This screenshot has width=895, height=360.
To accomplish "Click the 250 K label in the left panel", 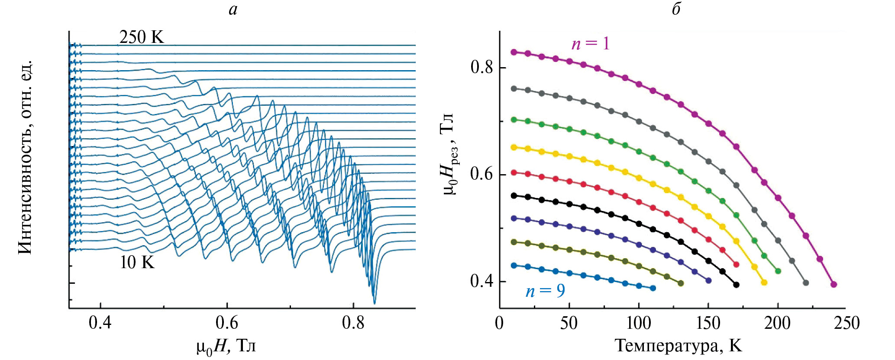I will (142, 37).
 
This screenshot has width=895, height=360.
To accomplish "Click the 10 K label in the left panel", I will (137, 263).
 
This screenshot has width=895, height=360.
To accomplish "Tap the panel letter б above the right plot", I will (676, 9).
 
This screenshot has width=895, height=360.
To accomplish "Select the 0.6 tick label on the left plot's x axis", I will (227, 323).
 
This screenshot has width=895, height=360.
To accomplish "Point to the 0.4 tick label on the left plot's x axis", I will (100, 323).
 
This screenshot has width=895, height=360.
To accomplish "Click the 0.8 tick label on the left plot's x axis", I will (353, 323).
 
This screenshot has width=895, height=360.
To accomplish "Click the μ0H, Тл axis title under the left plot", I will (226, 347).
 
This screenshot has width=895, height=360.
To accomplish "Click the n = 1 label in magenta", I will (591, 43).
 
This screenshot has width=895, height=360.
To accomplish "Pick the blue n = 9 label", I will (545, 291).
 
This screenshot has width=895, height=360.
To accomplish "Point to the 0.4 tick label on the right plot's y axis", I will (481, 281).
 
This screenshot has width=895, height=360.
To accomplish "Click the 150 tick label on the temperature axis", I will (708, 323).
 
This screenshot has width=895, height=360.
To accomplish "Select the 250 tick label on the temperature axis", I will (847, 323).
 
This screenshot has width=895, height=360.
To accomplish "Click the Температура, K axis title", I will (678, 346).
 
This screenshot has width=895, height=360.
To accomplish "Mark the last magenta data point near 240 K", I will (834, 285).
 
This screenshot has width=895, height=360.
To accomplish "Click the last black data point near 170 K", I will (736, 285).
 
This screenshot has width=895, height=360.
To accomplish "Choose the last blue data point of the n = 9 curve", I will (653, 288).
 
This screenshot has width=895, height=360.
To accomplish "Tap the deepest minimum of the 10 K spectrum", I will (375, 303).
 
